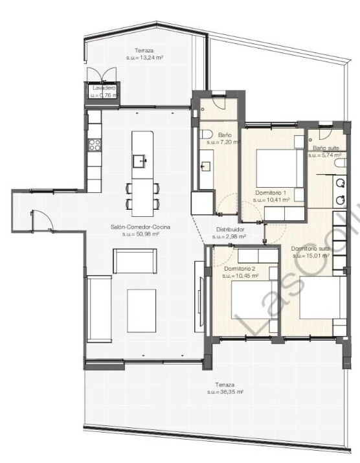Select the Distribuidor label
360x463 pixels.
[x=230, y=229]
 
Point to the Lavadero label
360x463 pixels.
[x=104, y=87]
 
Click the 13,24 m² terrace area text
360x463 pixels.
[x=144, y=58]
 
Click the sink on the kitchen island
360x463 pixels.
[x=140, y=159]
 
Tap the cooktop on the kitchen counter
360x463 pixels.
[x=94, y=143]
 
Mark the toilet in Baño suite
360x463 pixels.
[x=340, y=166]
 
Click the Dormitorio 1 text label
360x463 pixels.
[x=271, y=192]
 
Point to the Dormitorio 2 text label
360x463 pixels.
[x=240, y=268]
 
